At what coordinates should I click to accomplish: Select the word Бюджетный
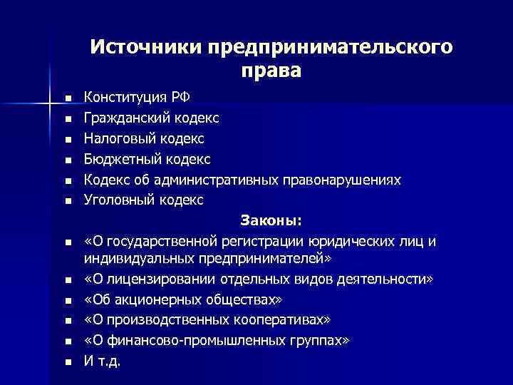tap(122, 158)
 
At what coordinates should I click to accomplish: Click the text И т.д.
tap(103, 361)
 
